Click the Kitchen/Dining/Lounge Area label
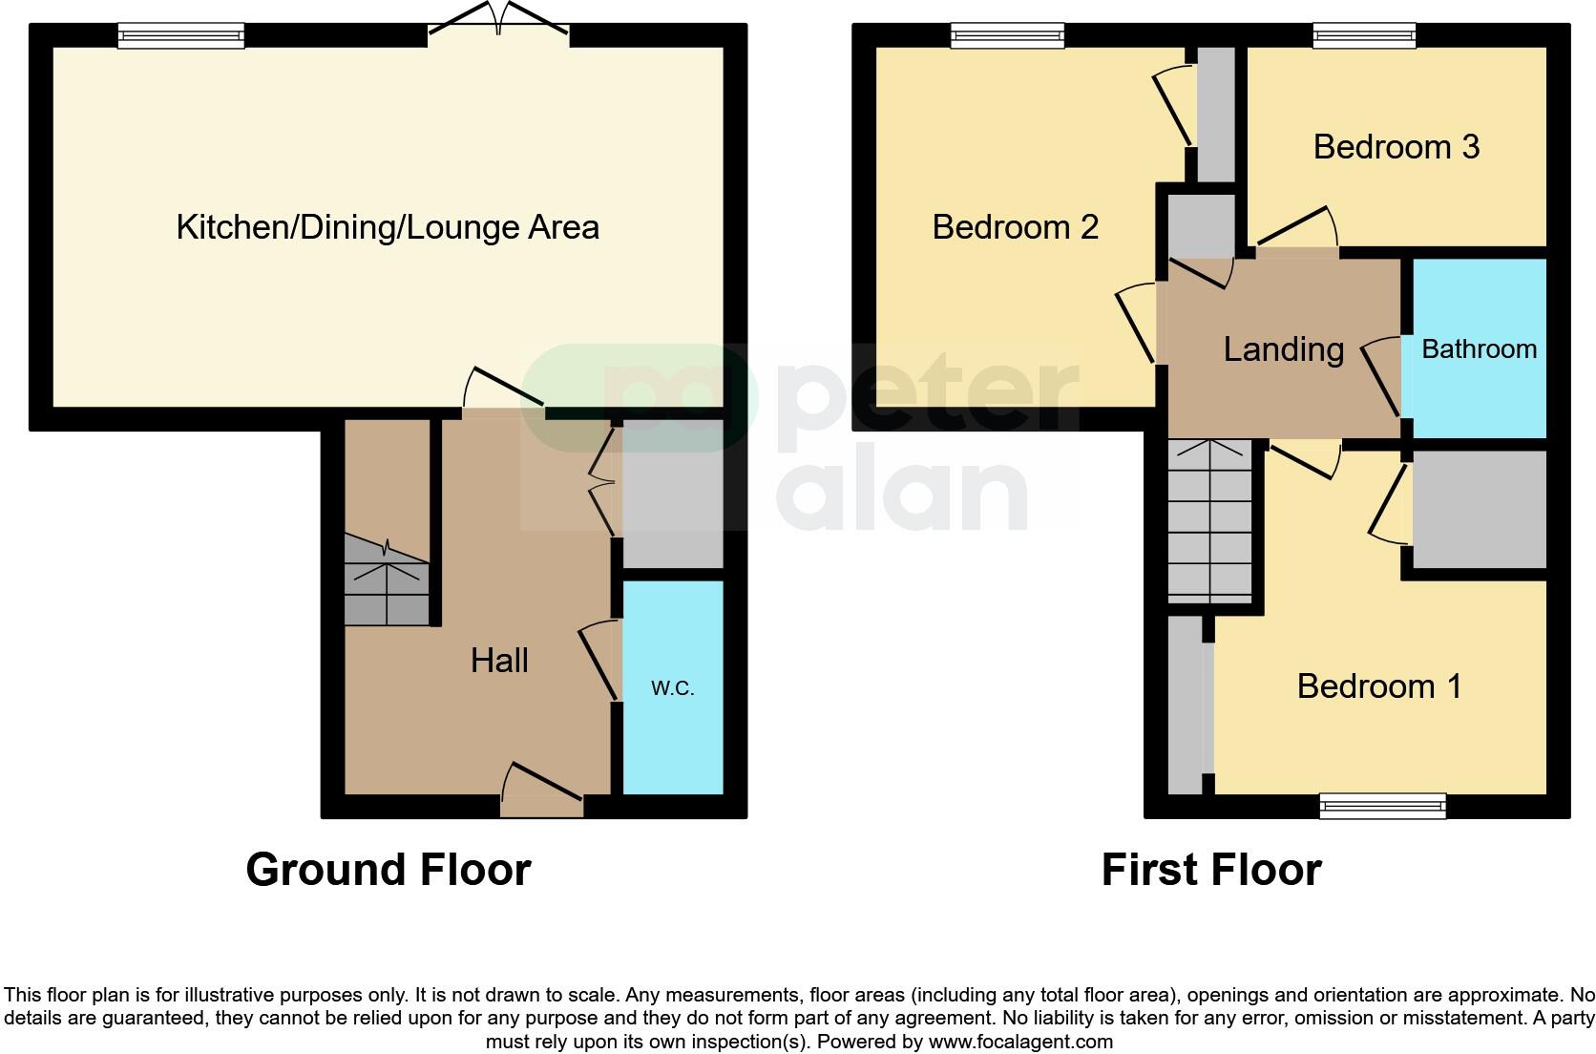(388, 227)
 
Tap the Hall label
(499, 661)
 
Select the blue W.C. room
(673, 687)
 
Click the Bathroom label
(1479, 349)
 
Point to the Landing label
(1283, 349)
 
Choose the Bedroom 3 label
(1396, 147)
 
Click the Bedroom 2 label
(1015, 227)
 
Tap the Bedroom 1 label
(1378, 686)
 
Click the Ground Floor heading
(388, 870)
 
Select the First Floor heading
(1210, 870)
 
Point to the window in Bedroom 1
(1382, 806)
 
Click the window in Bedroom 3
(1363, 36)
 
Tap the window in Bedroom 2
(1007, 36)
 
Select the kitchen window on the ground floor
(181, 36)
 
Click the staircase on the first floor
(1209, 519)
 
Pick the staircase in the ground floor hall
(386, 582)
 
